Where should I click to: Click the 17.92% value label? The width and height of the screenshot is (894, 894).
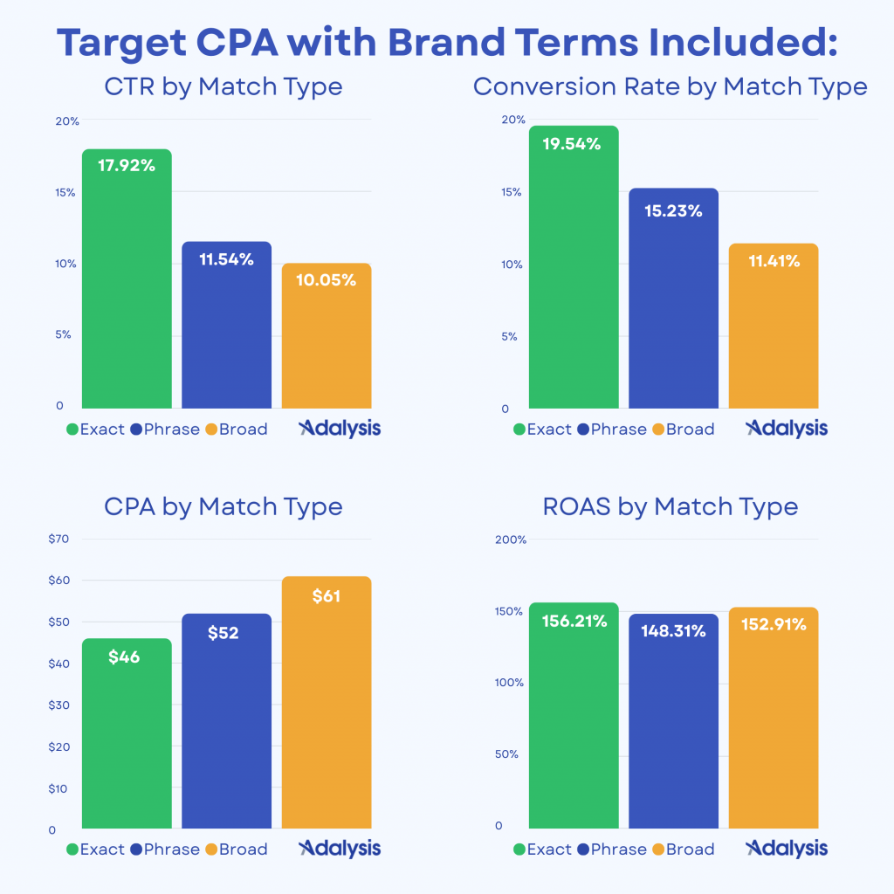(127, 165)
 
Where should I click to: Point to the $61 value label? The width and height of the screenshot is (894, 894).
(326, 597)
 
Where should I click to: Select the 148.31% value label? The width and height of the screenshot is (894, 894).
(672, 630)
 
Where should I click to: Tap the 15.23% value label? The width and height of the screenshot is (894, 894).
(672, 210)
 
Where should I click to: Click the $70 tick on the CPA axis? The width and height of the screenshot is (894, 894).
(58, 540)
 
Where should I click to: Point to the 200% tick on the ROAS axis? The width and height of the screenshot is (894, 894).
(511, 540)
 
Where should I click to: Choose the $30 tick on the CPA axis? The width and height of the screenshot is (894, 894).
(58, 705)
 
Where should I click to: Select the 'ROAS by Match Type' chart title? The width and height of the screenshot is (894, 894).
(670, 506)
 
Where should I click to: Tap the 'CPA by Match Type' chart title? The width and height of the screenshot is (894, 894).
(223, 506)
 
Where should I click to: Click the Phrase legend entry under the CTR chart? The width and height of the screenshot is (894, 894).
(165, 430)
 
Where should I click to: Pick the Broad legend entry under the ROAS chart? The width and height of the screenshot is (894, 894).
(683, 849)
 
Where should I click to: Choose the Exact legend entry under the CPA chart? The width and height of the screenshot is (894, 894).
(95, 849)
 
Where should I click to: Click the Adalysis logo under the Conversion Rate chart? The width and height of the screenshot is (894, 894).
(787, 429)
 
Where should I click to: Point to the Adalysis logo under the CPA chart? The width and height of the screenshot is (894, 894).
(340, 849)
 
